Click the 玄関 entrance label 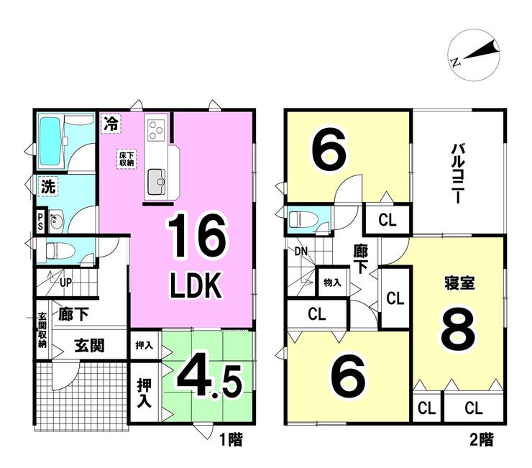pyautogui.click(x=89, y=346)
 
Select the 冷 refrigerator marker pyautogui.click(x=111, y=123)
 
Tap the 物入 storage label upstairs pyautogui.click(x=331, y=283)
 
